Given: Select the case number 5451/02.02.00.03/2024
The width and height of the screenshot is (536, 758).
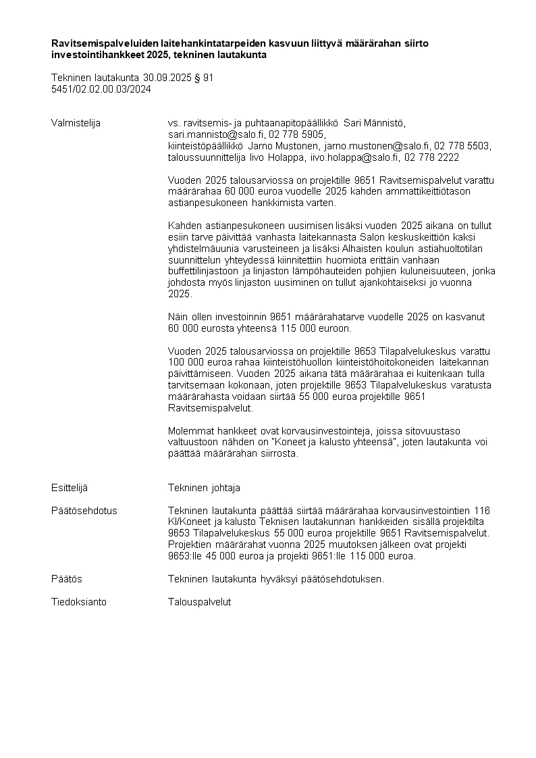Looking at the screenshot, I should [x=101, y=89].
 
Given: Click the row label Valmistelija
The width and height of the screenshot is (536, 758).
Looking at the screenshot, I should [x=76, y=123].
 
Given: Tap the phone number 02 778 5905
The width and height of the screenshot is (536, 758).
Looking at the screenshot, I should [x=297, y=134].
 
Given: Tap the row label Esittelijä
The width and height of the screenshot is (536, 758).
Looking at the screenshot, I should [x=70, y=488].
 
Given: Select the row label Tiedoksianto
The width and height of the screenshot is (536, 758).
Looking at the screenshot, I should [x=79, y=602].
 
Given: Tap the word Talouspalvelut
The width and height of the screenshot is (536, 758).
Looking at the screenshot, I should [x=199, y=602].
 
